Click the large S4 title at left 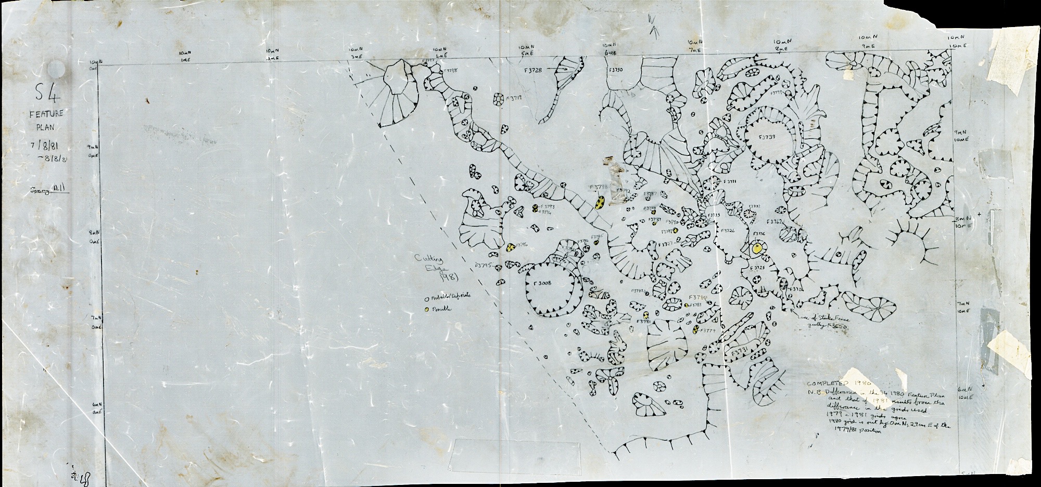[47, 95]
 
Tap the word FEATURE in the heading [47, 113]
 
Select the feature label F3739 [767, 138]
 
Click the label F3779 [708, 331]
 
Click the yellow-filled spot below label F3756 [758, 248]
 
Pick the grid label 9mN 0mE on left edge [94, 151]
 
